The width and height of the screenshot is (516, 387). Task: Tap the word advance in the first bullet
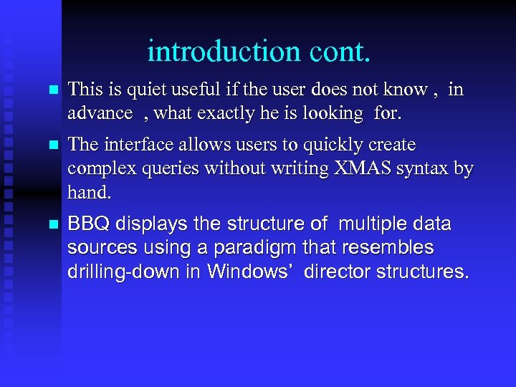point(100,113)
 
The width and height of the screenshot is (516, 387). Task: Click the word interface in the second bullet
point(133,145)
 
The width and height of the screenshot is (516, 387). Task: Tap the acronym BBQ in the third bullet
point(88,224)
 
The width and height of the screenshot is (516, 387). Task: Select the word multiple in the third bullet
point(374,224)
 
